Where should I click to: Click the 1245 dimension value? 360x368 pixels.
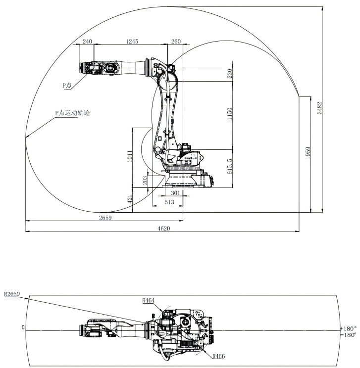point(132,42)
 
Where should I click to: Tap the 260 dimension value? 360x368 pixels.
point(175,42)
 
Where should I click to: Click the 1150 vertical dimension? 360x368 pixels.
point(229,115)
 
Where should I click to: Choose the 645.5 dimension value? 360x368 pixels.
point(229,168)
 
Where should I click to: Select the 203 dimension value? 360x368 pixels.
point(145,181)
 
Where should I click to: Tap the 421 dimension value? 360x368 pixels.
point(129,199)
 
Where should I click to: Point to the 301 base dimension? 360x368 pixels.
point(174,192)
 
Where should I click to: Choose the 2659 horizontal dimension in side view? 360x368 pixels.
point(105,217)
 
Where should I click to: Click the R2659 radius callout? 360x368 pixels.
point(12,294)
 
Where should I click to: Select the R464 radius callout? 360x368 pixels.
point(149,300)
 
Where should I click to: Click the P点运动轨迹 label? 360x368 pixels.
point(72,112)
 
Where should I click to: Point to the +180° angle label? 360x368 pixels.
point(349,328)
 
